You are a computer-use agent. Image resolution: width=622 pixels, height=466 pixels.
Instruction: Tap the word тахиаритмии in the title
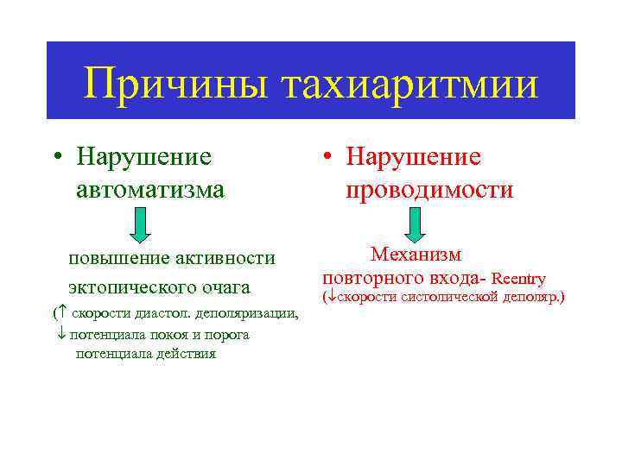(408, 85)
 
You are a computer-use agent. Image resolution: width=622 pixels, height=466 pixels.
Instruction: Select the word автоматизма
(149, 188)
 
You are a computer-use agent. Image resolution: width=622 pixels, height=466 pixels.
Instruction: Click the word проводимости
(429, 189)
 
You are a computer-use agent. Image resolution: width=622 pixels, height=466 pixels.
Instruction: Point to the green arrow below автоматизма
(142, 226)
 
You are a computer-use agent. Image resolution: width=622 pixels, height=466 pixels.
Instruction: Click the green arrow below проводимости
(414, 225)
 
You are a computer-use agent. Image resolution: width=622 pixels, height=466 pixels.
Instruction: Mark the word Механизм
(416, 255)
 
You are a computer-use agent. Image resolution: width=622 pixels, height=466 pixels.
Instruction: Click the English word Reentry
(519, 279)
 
